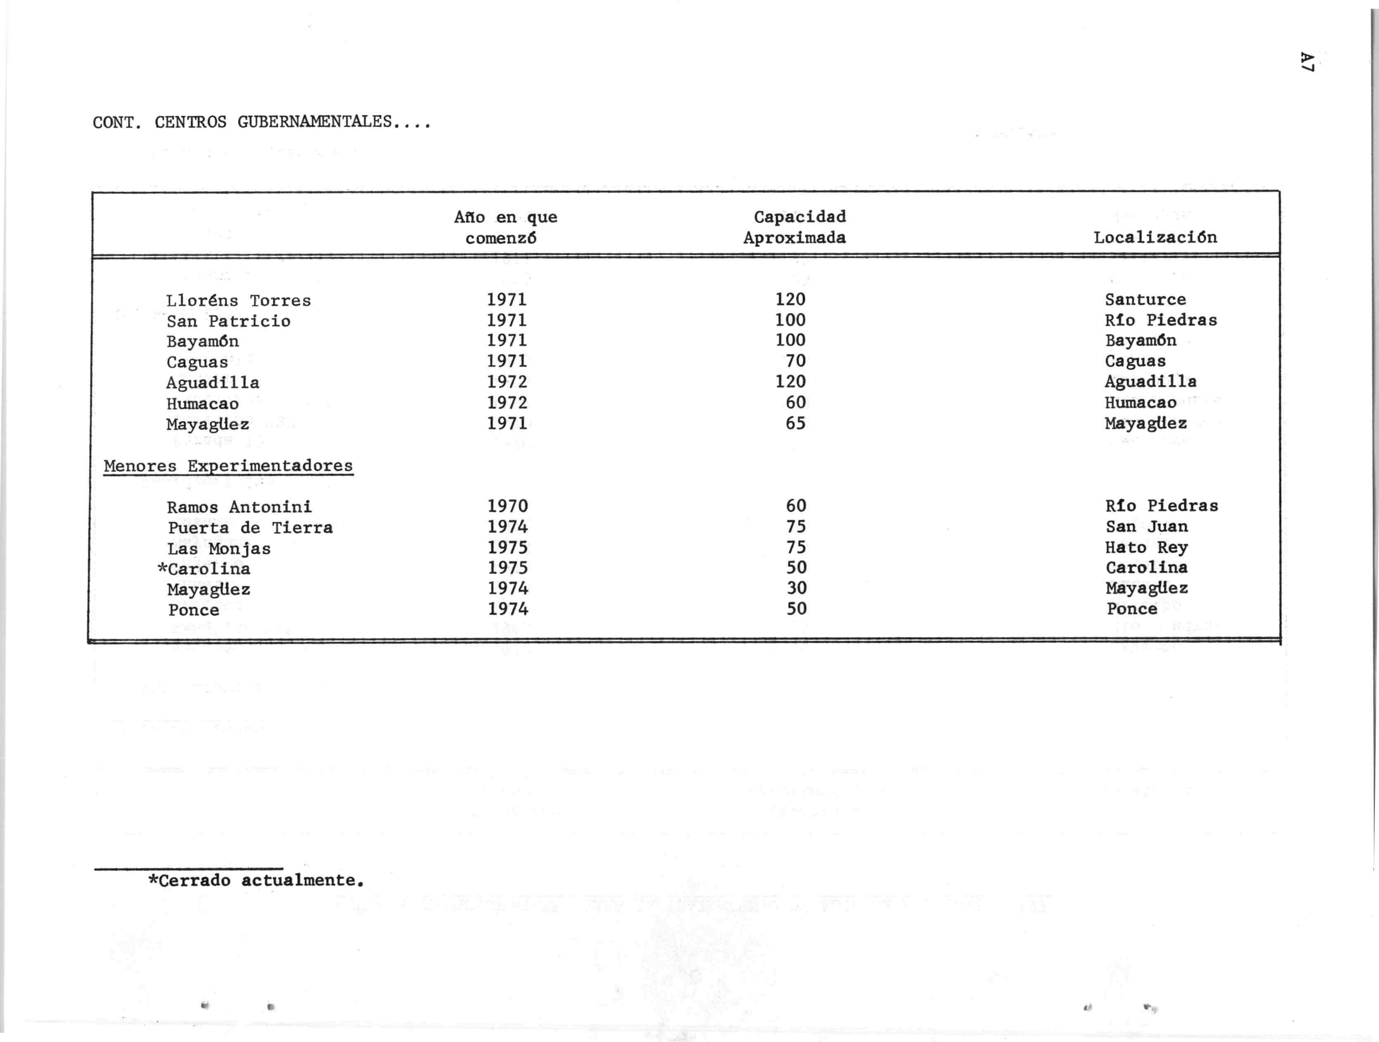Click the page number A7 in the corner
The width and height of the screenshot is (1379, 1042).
[1307, 62]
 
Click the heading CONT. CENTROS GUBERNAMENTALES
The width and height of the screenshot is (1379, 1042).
[262, 122]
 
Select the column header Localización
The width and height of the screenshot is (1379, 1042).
[1155, 238]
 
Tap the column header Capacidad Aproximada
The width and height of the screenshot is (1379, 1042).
[796, 227]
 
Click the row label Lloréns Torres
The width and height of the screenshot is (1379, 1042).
[238, 300]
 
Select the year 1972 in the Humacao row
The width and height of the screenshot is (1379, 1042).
[507, 403]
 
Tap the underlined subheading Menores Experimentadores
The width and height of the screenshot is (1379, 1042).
[228, 466]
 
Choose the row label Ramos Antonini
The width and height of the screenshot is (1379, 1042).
[239, 507]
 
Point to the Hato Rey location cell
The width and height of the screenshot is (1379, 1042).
[1147, 547]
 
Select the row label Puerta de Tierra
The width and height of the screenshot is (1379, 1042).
[250, 528]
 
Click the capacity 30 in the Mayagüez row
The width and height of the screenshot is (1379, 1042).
[796, 588]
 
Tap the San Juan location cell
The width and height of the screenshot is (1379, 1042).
[1147, 527]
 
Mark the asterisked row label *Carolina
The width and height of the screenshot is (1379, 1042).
[204, 568]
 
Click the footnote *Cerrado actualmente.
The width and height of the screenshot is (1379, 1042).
[255, 881]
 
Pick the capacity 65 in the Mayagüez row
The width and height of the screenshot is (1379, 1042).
[795, 423]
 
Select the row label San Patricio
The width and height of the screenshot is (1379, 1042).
[228, 321]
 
